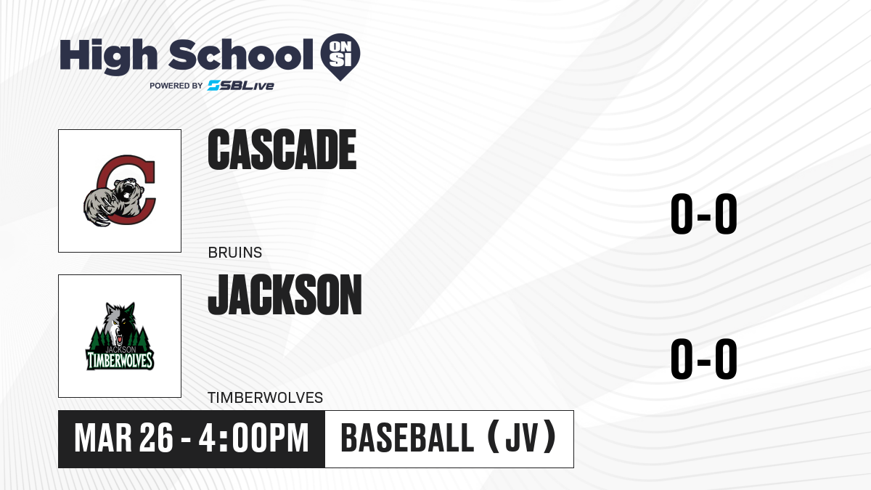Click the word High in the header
coord(108,57)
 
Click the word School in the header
coord(241,54)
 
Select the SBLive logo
coord(241,86)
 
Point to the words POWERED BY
coord(176,86)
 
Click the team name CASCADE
coord(282,150)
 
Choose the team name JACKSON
coord(285,295)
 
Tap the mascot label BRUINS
coord(235,253)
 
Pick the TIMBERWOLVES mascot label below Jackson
coord(265,398)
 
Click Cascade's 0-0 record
coord(704,213)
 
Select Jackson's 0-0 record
coord(704,359)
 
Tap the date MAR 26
coord(123,438)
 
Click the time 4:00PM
coord(253,438)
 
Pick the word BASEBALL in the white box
coord(407,438)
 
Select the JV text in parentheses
coord(522,438)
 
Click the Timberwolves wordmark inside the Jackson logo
coord(120,361)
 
